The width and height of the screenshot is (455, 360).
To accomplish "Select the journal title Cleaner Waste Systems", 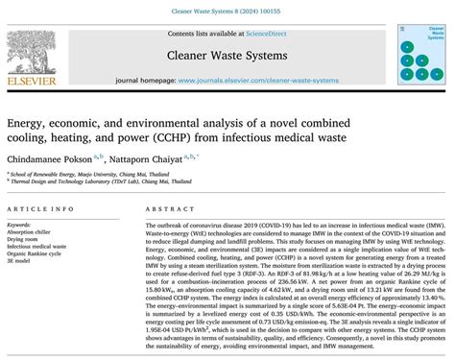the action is point(227,56).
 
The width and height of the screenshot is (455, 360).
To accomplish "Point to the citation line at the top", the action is point(227,9).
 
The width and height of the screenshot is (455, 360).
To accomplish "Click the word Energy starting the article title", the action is point(27,123).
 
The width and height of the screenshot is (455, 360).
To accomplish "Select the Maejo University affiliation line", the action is point(72,175).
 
